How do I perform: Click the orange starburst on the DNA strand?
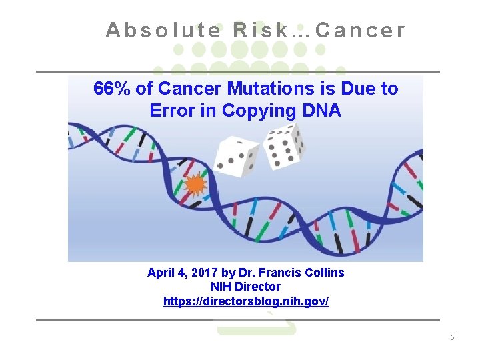click(x=195, y=184)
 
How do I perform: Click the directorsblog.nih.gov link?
click(x=246, y=301)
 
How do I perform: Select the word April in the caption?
click(x=162, y=273)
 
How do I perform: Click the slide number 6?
click(x=452, y=338)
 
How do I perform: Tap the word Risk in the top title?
click(x=263, y=31)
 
